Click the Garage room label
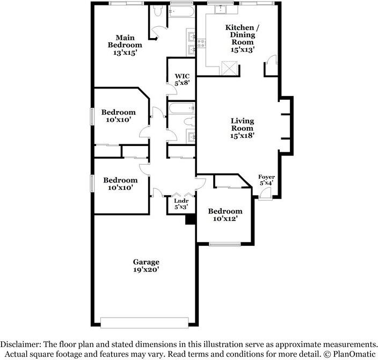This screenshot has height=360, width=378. pos(146,266)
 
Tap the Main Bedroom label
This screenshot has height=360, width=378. pos(125,45)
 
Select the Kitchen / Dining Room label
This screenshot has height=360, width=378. pos(242,39)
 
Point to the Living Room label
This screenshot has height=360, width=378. pos(242,128)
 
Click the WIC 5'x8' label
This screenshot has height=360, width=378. pos(182,80)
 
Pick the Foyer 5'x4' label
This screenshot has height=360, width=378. pos(266,180)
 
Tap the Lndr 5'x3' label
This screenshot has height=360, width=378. pos(181,204)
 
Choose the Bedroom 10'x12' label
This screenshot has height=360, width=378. pos(225,215)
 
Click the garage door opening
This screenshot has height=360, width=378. pos(144,322)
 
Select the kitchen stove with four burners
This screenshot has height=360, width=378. pos(201,43)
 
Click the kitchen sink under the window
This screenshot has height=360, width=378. pos(220,10)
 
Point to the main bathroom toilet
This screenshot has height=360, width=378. pos(158,10)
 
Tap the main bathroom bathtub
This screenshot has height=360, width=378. pos(181,11)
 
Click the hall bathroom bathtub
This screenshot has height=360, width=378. pos(182,108)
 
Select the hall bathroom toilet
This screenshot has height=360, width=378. pos(190,121)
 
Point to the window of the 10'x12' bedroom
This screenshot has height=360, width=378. pos(224,244)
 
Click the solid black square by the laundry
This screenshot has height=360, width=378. pos(190,219)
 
